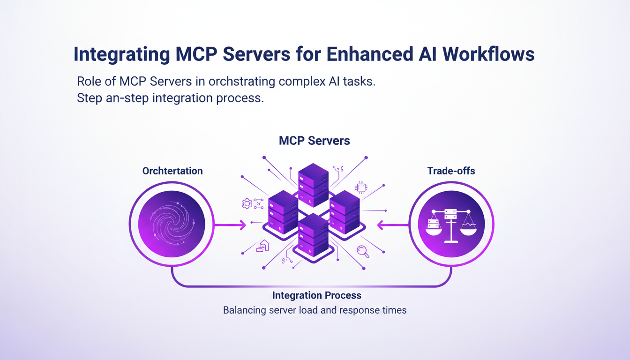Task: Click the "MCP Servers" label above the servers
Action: coord(314,141)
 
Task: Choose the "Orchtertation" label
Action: coord(172,171)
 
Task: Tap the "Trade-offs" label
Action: coord(451,171)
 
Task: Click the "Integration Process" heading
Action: coord(316,295)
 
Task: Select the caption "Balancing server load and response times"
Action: coord(315,310)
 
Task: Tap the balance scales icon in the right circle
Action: coord(451,225)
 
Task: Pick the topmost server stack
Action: coord(313,184)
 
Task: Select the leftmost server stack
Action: coord(283,211)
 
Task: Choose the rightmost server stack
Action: coord(345,211)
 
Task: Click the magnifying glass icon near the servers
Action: coord(363,252)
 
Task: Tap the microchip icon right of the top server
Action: coord(361,187)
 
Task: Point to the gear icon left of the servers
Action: coord(247,203)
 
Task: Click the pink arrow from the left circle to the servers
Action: coord(230,225)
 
